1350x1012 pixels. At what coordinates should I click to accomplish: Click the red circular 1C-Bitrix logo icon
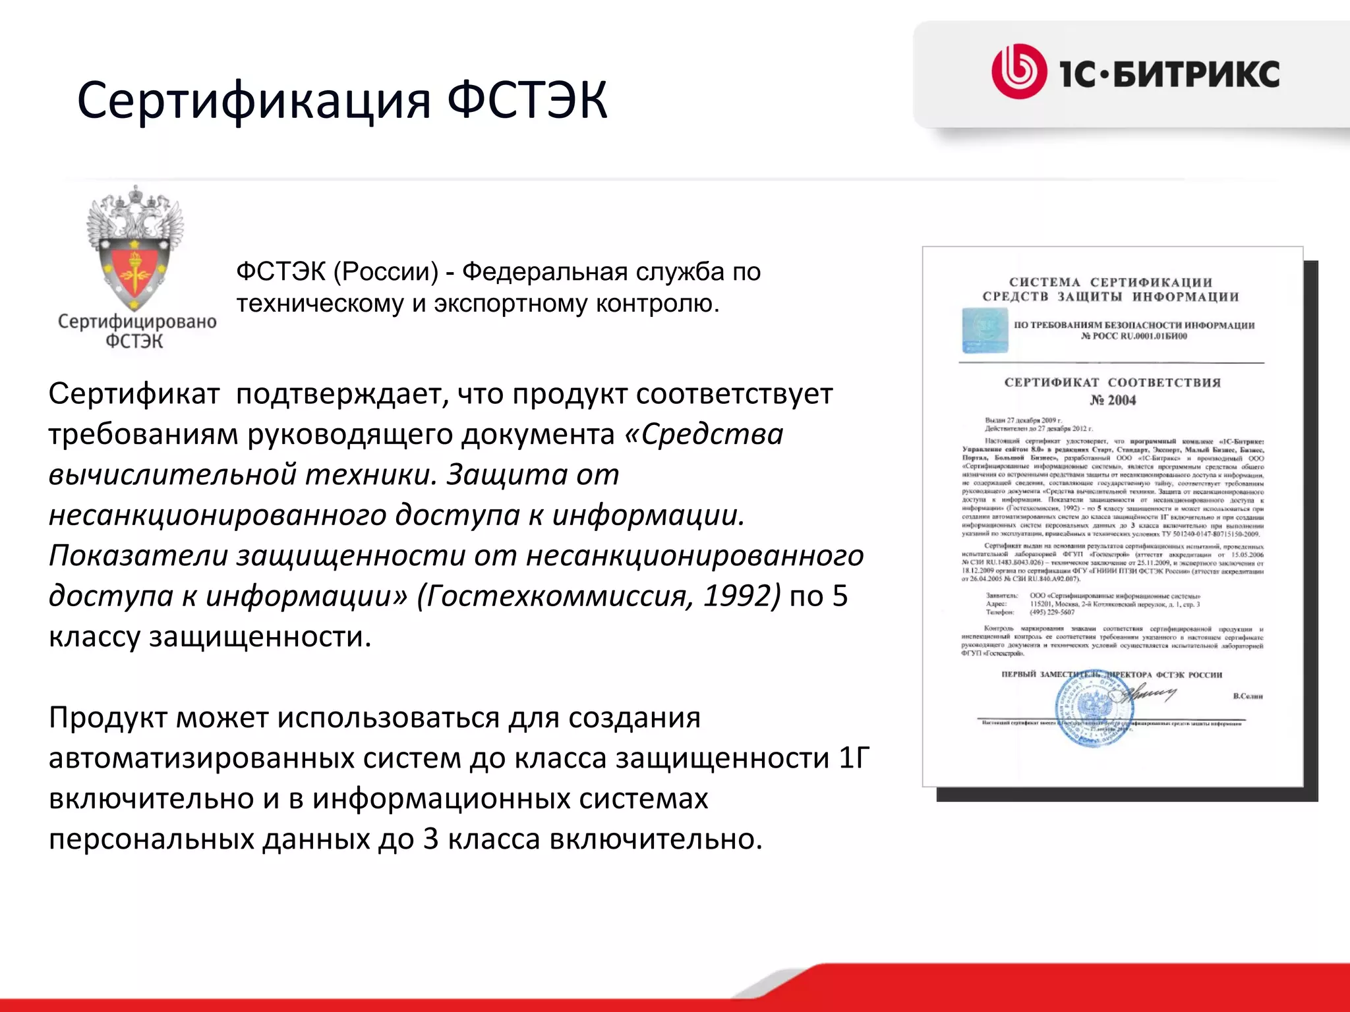click(x=1018, y=72)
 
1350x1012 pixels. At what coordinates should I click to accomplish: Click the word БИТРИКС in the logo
click(x=1196, y=74)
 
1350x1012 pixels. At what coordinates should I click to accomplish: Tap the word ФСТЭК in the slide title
click(x=527, y=100)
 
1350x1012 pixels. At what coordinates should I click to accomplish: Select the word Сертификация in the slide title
click(x=254, y=100)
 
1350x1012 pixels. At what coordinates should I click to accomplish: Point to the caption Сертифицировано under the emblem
click(x=137, y=322)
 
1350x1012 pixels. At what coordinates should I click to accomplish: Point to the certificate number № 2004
click(x=1113, y=400)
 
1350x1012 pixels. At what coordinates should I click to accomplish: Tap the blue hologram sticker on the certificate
click(x=985, y=331)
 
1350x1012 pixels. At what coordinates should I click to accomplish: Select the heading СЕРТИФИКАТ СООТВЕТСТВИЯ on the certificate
click(x=1112, y=383)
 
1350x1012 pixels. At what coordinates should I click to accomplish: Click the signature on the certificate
click(x=1150, y=694)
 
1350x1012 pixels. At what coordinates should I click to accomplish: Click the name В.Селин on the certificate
click(x=1247, y=696)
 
